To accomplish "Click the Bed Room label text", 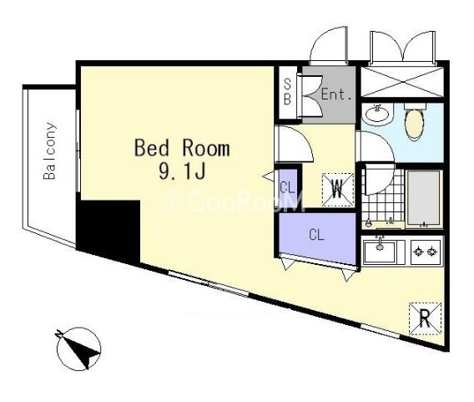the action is [182, 148].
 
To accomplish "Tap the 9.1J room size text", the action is [182, 171].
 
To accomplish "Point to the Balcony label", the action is [49, 150].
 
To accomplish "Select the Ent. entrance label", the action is [336, 94].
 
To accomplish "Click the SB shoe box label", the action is [287, 92].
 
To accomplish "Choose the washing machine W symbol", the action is [338, 190].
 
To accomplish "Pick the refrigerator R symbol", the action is [425, 318].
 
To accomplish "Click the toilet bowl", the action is [414, 124].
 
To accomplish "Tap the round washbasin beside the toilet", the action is [377, 115].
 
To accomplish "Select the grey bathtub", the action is [424, 199].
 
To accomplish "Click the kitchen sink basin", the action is [380, 252].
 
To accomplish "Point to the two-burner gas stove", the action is [426, 252].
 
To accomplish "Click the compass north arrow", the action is [79, 349].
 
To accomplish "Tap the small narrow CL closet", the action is [287, 188].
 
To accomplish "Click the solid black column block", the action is [108, 230].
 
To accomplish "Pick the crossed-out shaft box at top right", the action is [402, 82].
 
